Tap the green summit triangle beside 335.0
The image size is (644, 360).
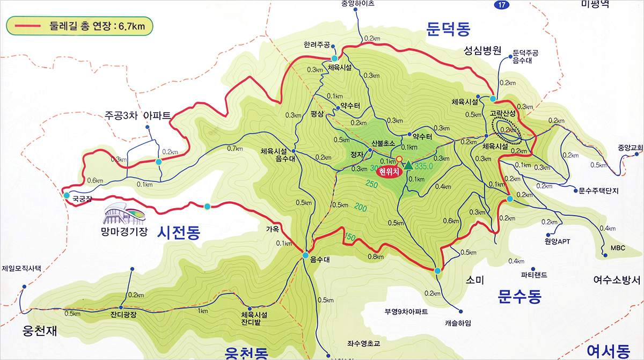(409, 165)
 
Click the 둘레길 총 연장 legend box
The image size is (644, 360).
(79, 26)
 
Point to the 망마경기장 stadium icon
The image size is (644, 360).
(125, 215)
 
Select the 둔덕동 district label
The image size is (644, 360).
(449, 28)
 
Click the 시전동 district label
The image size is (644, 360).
(179, 232)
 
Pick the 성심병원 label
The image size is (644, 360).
(482, 51)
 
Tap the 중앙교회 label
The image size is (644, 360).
(630, 148)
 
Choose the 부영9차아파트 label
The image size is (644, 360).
(406, 311)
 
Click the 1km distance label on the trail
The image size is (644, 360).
(203, 311)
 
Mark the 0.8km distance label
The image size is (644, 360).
(376, 256)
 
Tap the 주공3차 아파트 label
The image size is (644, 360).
(138, 115)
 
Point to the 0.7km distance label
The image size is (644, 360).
(235, 149)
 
